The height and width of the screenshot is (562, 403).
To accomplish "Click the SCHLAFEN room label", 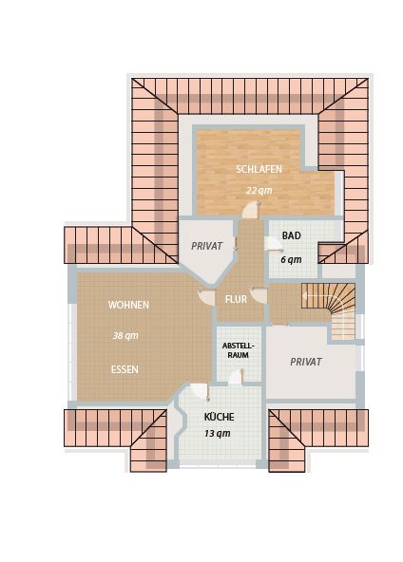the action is tap(259, 169).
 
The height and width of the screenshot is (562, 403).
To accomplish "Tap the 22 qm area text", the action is tap(259, 190).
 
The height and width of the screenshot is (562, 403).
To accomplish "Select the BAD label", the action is tap(291, 235).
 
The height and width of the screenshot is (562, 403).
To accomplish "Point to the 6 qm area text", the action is tap(291, 259).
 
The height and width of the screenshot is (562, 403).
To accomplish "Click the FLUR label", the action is tap(236, 299).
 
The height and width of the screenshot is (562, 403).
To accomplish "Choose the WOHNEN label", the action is tap(128, 305).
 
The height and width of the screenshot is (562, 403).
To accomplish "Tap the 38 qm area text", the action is tap(125, 335).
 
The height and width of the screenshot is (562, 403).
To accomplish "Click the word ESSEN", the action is tap(125, 369).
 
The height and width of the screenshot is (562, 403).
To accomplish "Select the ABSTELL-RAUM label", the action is tap(238, 350).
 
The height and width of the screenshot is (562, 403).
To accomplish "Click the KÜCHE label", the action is tap(219, 417).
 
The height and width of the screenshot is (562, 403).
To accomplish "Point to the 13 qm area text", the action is tap(218, 433).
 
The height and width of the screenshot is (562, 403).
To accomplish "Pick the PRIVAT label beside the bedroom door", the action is tap(206, 246).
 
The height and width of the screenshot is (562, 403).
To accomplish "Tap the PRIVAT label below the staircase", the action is tap(306, 362).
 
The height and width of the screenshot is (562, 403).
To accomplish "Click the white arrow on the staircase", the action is tap(320, 296).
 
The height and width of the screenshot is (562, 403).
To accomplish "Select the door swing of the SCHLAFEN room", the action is tap(251, 210).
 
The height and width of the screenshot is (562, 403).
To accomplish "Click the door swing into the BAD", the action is tap(274, 244).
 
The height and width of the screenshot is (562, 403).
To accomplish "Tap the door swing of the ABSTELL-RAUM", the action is tap(237, 377).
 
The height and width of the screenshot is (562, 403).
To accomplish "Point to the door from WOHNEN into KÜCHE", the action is tap(200, 392).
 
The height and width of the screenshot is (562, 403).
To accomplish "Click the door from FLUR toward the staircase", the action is tap(259, 295).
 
